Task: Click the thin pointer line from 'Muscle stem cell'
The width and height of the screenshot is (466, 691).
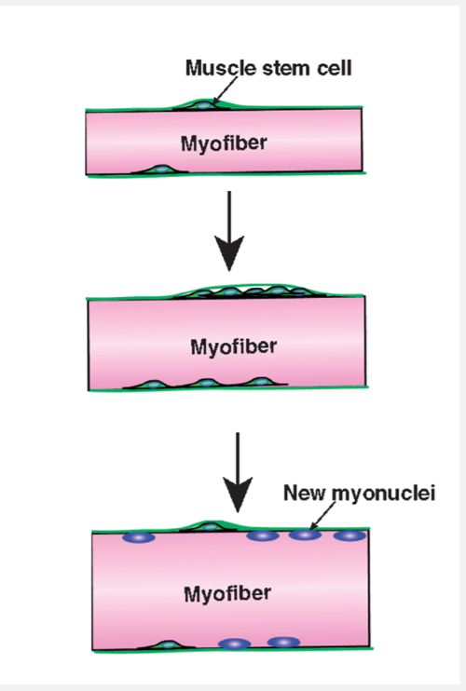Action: click(222, 91)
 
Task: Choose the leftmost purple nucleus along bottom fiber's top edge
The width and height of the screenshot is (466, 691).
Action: click(139, 538)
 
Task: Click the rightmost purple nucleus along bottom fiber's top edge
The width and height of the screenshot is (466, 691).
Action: click(348, 535)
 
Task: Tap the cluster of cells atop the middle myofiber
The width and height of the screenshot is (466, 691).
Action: click(252, 291)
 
